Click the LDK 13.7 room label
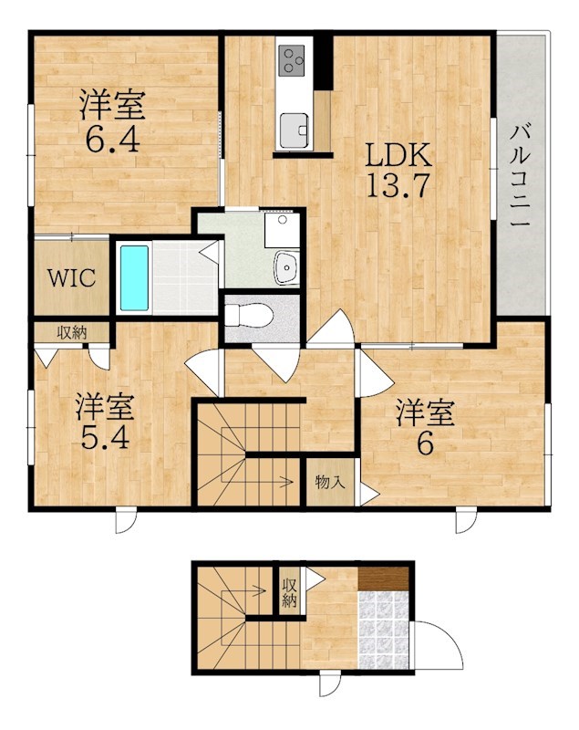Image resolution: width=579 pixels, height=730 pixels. [397, 170]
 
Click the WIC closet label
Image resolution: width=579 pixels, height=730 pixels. [71, 278]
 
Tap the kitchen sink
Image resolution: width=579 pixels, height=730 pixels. [294, 129]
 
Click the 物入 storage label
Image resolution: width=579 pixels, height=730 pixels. [329, 481]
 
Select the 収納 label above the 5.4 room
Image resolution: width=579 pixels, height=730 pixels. [72, 332]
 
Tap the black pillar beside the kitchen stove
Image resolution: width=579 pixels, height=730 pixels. [323, 61]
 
